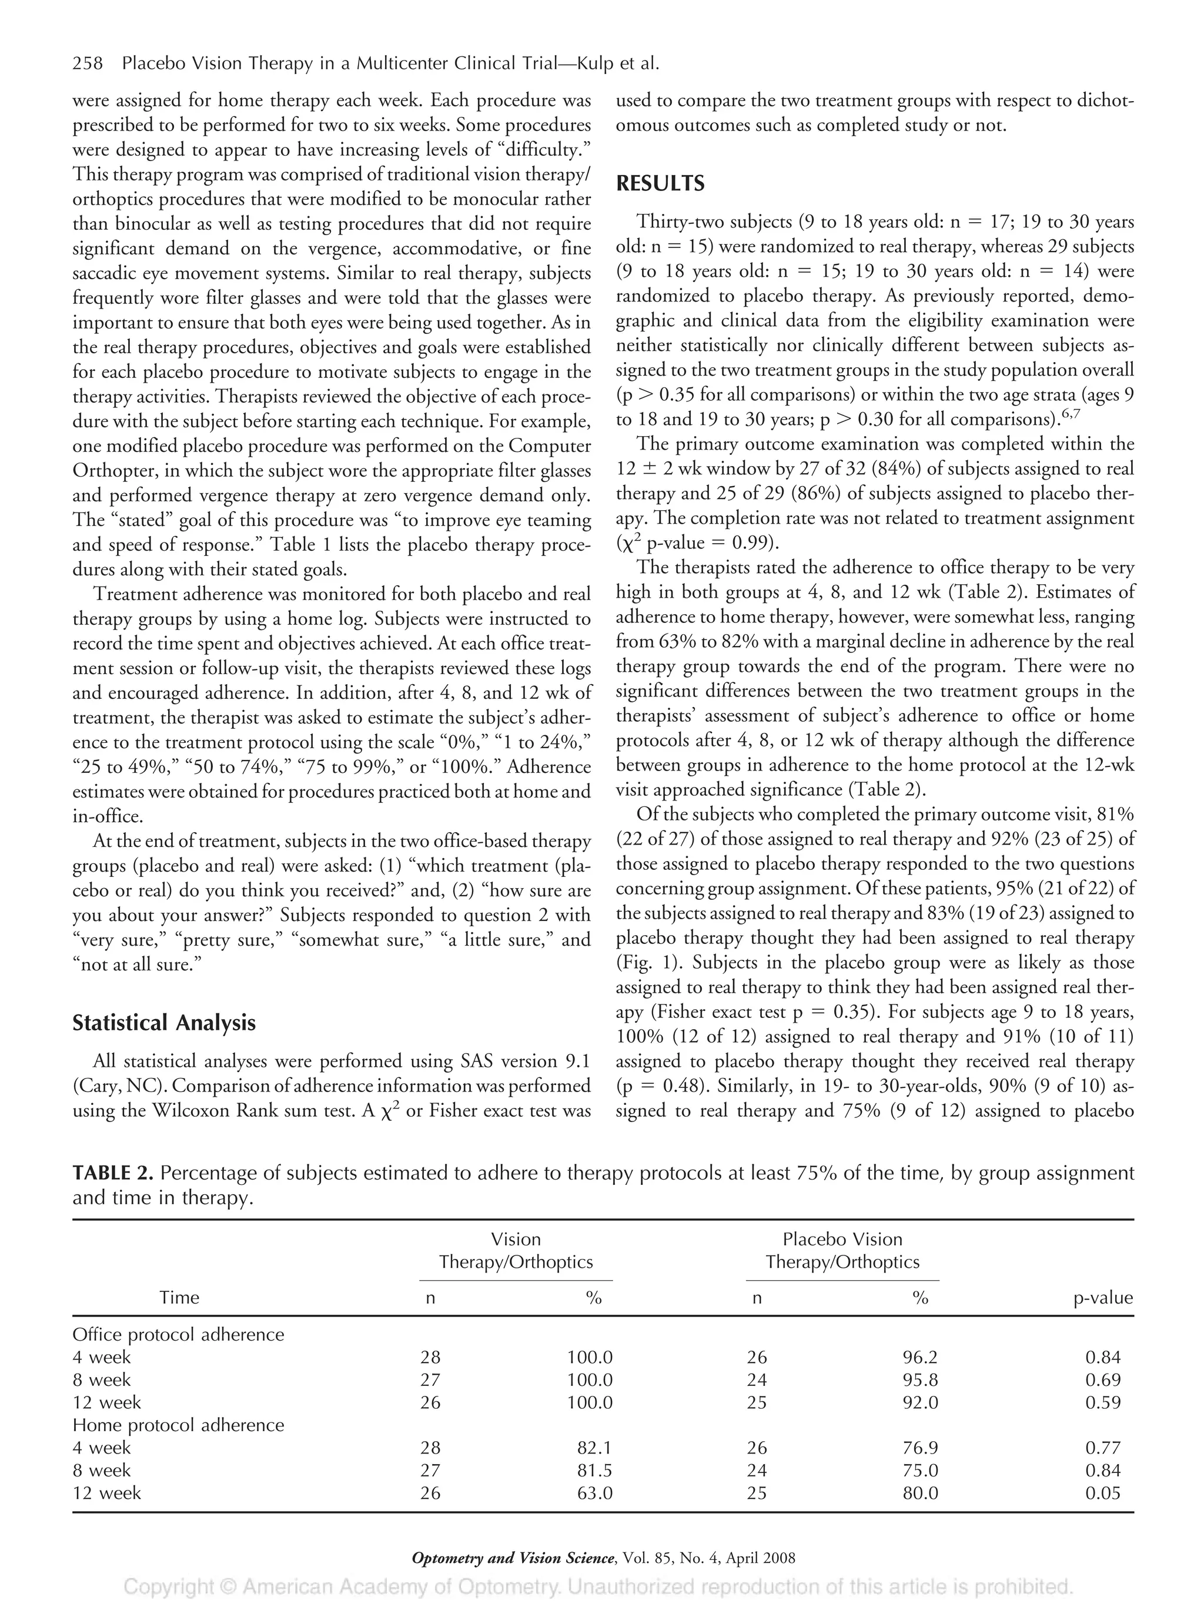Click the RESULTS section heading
click(660, 183)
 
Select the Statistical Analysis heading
click(164, 1023)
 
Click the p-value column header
click(1103, 1297)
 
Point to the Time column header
click(179, 1297)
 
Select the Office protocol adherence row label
click(179, 1334)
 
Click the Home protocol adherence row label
click(179, 1425)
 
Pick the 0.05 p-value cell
click(1103, 1493)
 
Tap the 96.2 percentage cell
click(920, 1357)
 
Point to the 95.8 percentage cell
click(920, 1379)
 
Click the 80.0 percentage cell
click(920, 1493)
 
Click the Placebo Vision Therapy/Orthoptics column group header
click(842, 1251)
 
